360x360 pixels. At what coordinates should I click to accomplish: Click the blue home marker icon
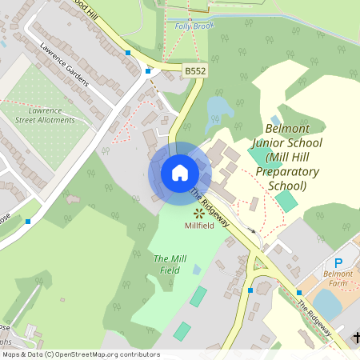click(x=180, y=172)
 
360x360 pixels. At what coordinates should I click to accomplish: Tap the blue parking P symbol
click(x=338, y=262)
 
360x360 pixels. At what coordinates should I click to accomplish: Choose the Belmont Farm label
click(x=337, y=279)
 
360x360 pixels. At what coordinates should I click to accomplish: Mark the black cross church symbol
click(x=355, y=340)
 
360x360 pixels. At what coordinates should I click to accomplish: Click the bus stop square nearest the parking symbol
click(x=299, y=293)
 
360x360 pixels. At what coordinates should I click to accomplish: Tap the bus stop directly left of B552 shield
click(x=148, y=71)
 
